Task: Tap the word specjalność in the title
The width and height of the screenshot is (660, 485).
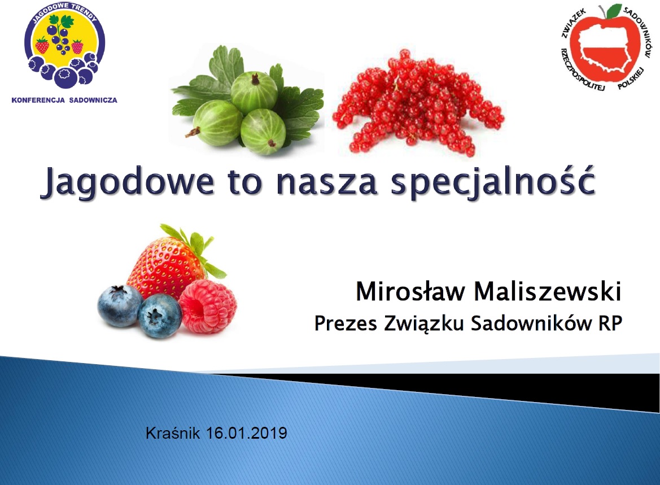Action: (x=493, y=181)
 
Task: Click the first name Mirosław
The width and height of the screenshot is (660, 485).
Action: (x=411, y=291)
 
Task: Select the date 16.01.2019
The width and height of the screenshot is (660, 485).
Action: (x=246, y=433)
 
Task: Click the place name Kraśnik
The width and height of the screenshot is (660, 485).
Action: (x=173, y=433)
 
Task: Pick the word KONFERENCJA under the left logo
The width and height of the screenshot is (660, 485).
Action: (x=38, y=100)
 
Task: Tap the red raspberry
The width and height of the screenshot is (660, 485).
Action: (x=208, y=307)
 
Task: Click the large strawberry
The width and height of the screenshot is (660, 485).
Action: (x=165, y=266)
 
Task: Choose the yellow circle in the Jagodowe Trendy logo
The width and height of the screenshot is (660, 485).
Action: (x=64, y=40)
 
